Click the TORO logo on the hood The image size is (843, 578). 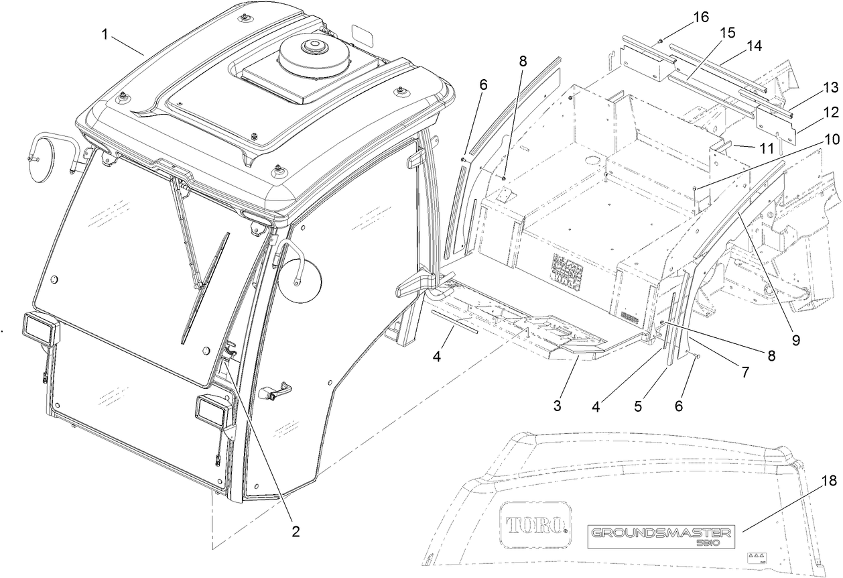point(534,523)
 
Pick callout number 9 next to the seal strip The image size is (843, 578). point(795,340)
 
